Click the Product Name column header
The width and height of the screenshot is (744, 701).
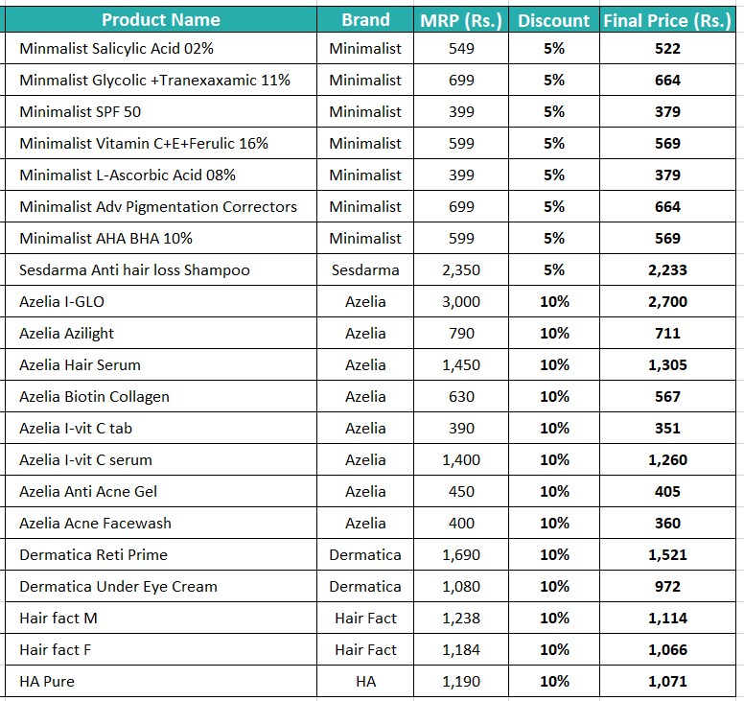click(x=161, y=20)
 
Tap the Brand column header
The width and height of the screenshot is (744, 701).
click(x=365, y=20)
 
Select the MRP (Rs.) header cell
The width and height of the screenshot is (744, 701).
click(x=461, y=20)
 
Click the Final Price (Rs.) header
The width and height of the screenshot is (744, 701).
click(x=667, y=20)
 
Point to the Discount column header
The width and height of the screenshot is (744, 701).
click(x=554, y=20)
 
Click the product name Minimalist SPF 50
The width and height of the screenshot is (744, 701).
click(x=81, y=111)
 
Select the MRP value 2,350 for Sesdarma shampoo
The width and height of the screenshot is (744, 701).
click(x=461, y=270)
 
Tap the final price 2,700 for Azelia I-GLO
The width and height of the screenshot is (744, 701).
click(x=667, y=302)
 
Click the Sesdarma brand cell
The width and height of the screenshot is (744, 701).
click(x=365, y=270)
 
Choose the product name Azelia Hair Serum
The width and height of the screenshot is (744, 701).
click(x=81, y=365)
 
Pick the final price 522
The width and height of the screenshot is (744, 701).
click(x=667, y=48)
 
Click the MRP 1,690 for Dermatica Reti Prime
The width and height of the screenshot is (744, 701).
click(x=461, y=555)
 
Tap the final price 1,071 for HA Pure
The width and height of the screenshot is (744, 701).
click(x=667, y=682)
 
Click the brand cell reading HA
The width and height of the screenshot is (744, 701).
click(x=365, y=682)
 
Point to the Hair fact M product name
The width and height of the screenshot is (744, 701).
click(x=58, y=618)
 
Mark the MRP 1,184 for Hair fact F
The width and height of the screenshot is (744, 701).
click(x=461, y=650)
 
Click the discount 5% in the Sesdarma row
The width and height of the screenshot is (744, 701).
click(x=554, y=270)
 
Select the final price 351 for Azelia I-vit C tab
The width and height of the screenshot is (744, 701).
click(x=667, y=428)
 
